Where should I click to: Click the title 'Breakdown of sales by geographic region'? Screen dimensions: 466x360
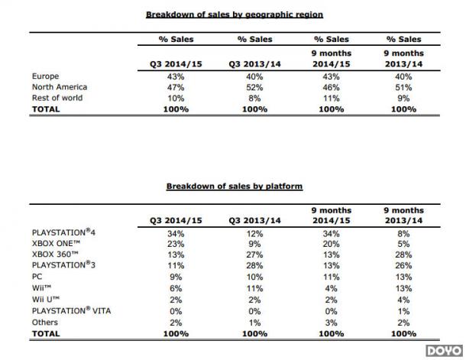pyautogui.click(x=235, y=15)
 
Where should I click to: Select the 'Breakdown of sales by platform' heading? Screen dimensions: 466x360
pyautogui.click(x=235, y=186)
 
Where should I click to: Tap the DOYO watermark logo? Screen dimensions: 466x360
pyautogui.click(x=445, y=351)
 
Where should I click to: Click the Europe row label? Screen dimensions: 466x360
pyautogui.click(x=46, y=76)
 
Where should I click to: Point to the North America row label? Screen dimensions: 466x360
pyautogui.click(x=60, y=87)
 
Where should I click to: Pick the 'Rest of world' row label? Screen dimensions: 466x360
pyautogui.click(x=57, y=98)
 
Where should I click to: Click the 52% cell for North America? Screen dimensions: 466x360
pyautogui.click(x=254, y=87)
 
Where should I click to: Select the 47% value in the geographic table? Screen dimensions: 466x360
pyautogui.click(x=176, y=87)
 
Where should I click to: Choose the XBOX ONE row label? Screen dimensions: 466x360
pyautogui.click(x=57, y=244)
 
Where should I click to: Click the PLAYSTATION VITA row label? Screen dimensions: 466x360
pyautogui.click(x=71, y=310)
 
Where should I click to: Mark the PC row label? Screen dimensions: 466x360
pyautogui.click(x=37, y=277)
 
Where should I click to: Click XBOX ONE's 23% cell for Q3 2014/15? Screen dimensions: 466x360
pyautogui.click(x=176, y=244)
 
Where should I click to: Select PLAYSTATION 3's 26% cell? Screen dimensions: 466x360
pyautogui.click(x=403, y=265)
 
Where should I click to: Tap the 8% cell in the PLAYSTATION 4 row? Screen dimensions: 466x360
pyautogui.click(x=403, y=234)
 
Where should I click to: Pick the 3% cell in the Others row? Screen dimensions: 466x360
pyautogui.click(x=331, y=323)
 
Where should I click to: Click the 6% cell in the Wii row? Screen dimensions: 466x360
pyautogui.click(x=176, y=288)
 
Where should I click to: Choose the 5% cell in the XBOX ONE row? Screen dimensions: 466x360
pyautogui.click(x=403, y=244)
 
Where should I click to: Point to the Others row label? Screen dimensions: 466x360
pyautogui.click(x=45, y=323)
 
